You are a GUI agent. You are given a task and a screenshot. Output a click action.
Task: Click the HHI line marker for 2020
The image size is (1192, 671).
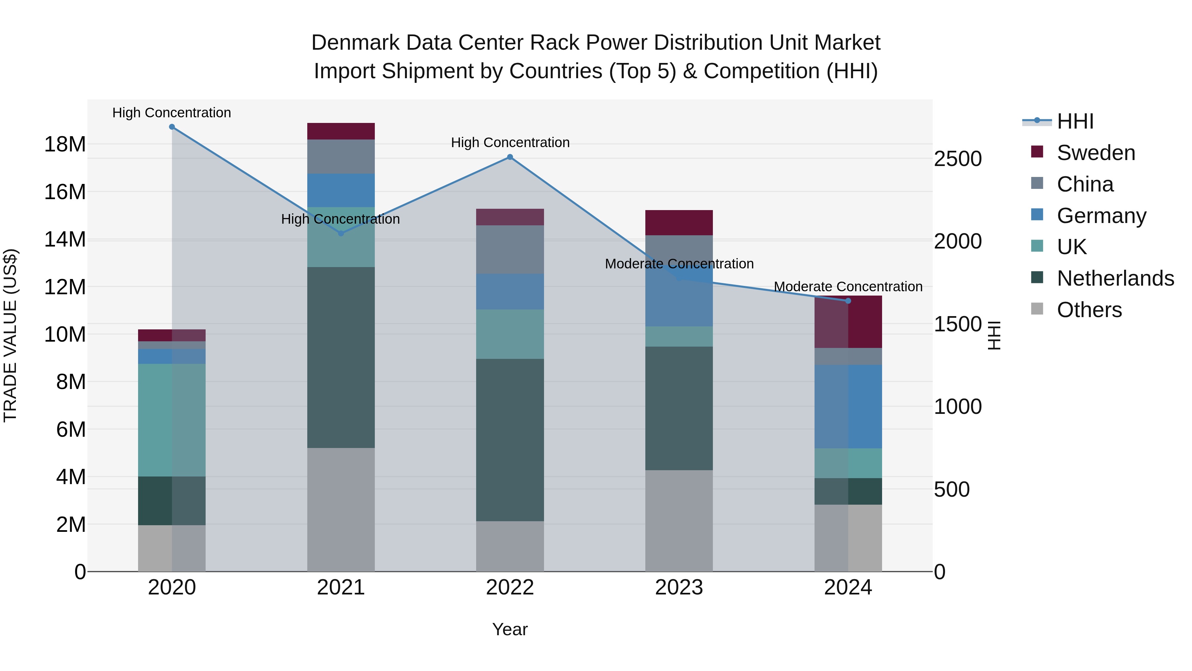coord(172,127)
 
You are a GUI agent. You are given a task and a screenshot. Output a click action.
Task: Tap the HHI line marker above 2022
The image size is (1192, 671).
coord(510,157)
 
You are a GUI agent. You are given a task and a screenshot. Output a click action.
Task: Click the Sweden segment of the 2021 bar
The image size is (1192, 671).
coord(341,131)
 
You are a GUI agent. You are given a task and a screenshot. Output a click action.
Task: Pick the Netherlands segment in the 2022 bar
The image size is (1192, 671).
coord(510,440)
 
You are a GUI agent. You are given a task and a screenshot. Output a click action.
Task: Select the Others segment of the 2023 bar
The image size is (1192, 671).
coord(679,521)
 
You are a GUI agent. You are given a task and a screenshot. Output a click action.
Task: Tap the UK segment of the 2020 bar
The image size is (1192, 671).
coord(172,420)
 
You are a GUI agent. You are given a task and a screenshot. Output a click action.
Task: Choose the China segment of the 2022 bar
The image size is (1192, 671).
coord(510,250)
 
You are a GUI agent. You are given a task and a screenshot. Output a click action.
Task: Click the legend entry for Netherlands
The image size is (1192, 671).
coord(1115,278)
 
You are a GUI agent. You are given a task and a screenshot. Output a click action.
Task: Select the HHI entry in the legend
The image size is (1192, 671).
coord(1075,121)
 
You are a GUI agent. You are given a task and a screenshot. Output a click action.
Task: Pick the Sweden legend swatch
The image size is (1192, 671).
coord(1037,152)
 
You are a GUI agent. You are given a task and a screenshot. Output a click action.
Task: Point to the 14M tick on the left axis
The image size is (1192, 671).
coord(65,240)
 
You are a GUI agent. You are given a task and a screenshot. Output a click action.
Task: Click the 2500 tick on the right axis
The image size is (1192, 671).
coord(957,159)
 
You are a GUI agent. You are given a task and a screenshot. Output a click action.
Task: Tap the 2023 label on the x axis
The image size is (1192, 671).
coord(679,587)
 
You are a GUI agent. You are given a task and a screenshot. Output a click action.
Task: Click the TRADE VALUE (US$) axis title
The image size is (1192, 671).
coord(10,335)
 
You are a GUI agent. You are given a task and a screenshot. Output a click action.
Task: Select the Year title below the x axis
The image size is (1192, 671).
coord(510,629)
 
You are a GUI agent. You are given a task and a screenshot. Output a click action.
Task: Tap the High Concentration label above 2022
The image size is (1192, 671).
coord(510,142)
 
